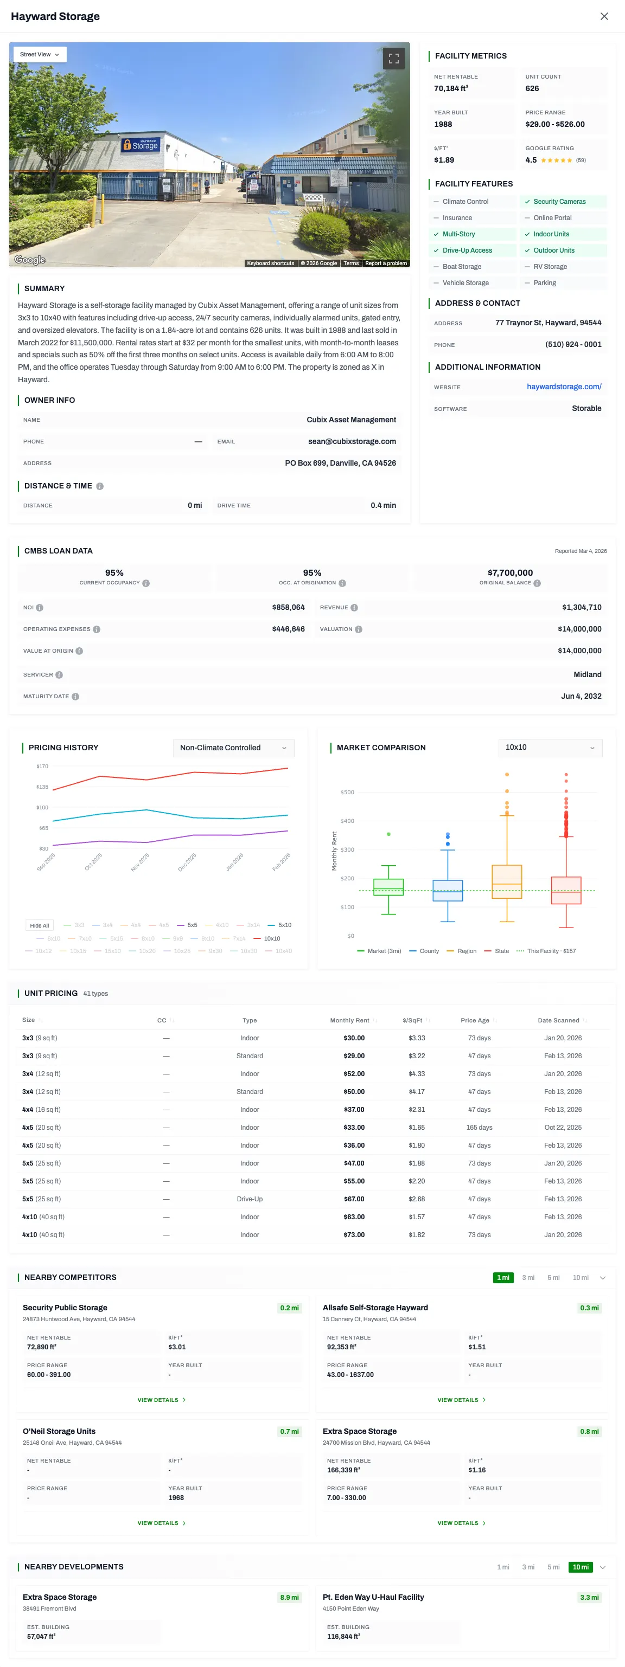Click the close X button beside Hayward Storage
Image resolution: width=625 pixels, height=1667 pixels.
tap(604, 16)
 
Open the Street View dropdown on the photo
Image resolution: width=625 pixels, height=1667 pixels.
tap(40, 54)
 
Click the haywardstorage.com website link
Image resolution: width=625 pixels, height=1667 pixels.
tap(564, 387)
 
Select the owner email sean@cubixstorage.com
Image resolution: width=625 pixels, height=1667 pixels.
tap(352, 441)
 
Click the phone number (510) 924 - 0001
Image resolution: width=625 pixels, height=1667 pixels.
tap(572, 344)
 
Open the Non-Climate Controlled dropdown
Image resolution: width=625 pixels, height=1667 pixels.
tap(233, 748)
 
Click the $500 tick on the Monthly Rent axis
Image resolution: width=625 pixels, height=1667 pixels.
tap(347, 792)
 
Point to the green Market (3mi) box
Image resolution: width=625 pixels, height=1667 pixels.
tap(388, 886)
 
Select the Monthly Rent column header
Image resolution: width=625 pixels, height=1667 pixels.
tap(350, 1020)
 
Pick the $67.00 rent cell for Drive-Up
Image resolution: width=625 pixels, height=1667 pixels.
tap(354, 1199)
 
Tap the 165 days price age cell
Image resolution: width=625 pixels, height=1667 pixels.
tap(479, 1127)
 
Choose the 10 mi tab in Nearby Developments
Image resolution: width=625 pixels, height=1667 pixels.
tap(581, 1567)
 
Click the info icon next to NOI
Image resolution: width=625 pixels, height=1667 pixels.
tap(40, 608)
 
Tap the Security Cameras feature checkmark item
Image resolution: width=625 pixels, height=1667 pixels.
tap(559, 202)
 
